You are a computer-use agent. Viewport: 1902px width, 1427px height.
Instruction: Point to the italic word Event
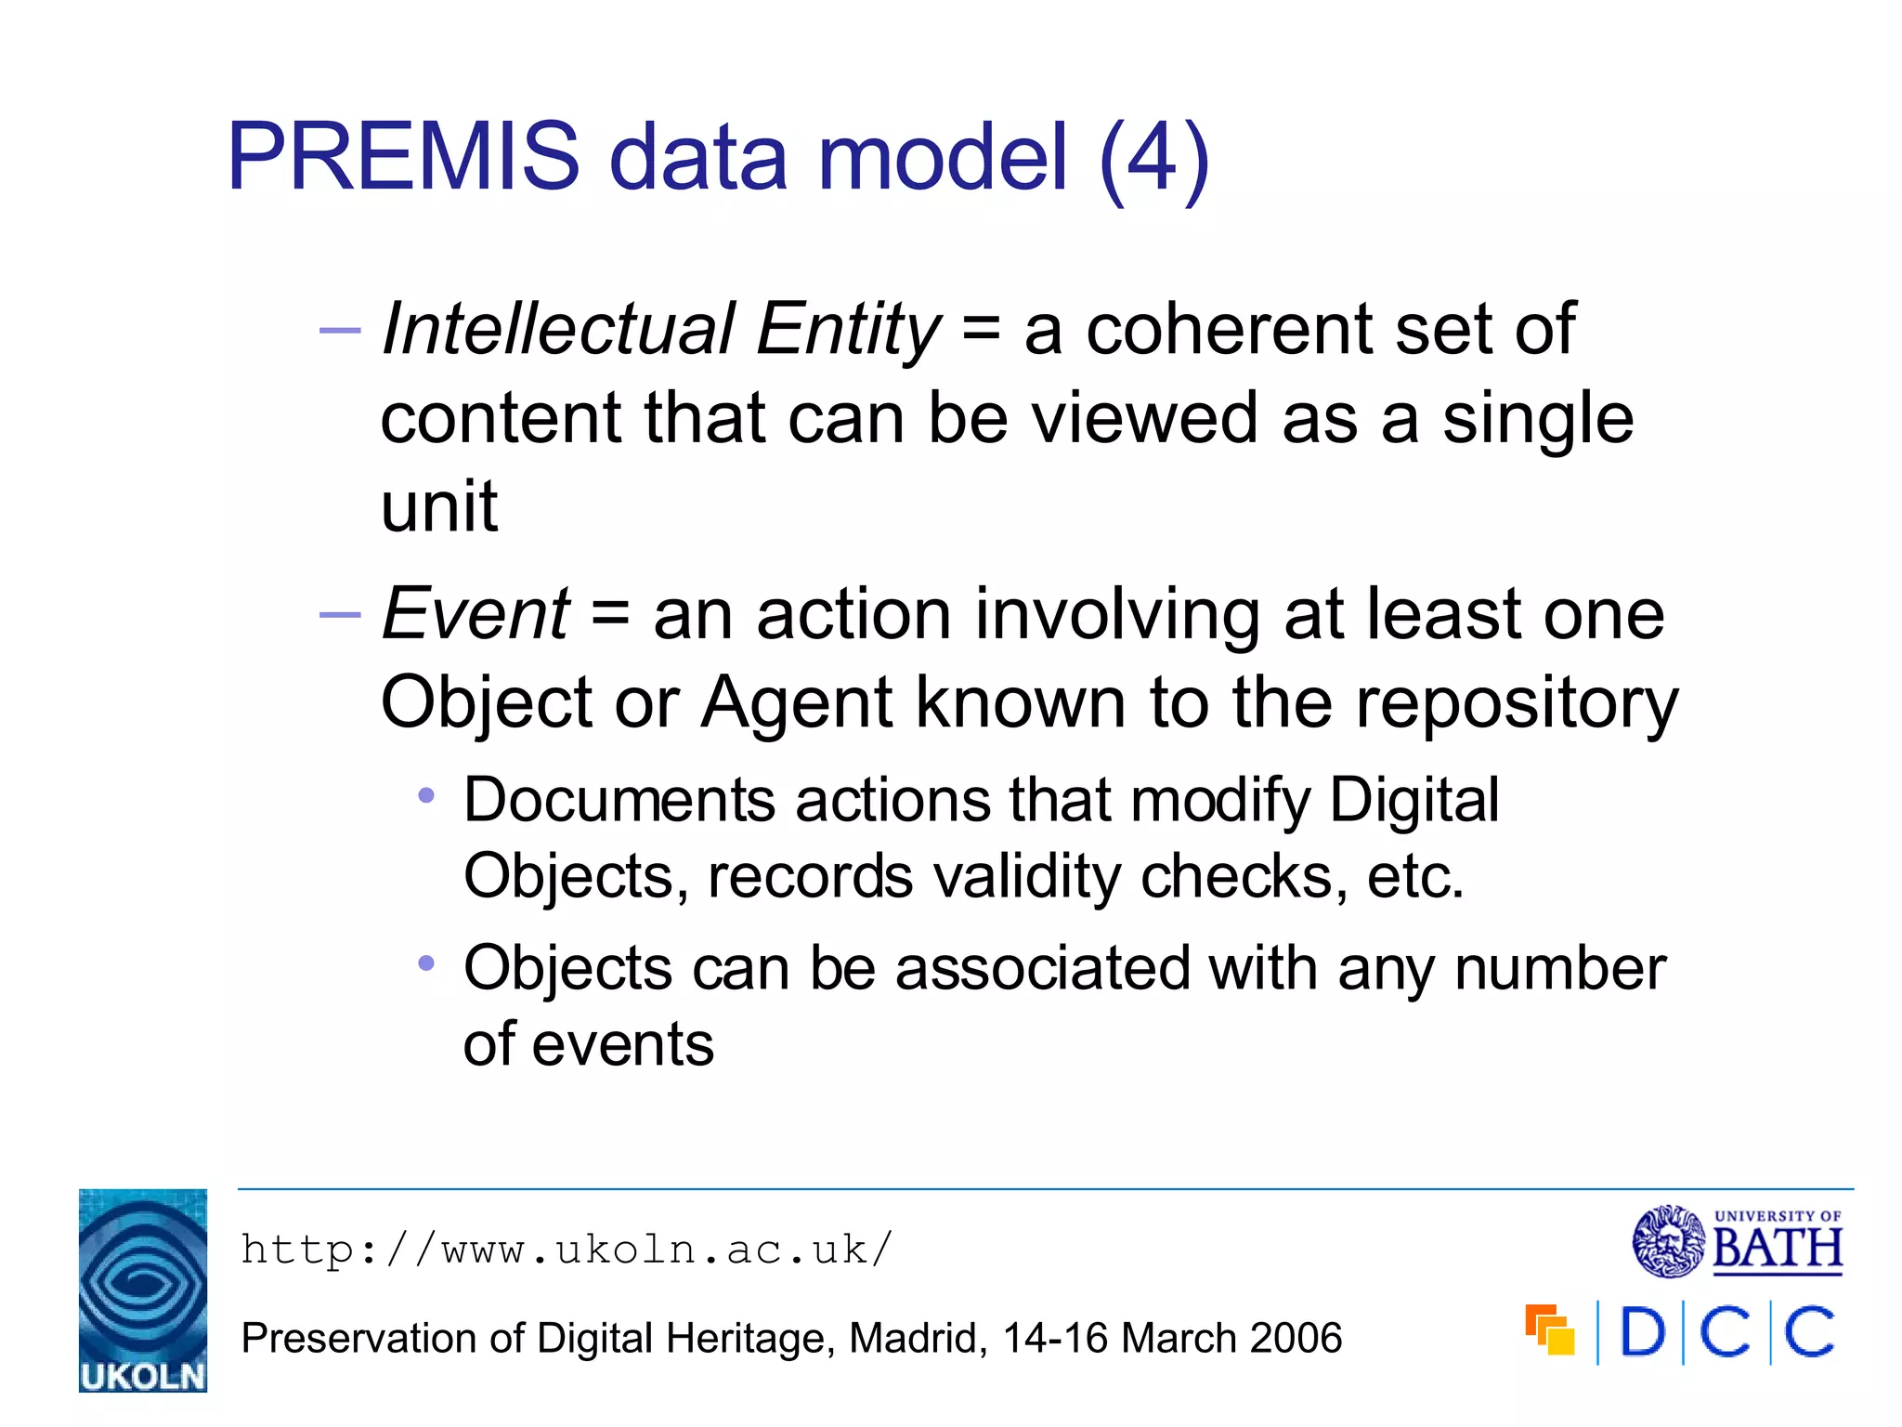click(475, 614)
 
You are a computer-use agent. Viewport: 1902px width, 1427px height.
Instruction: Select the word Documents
click(619, 800)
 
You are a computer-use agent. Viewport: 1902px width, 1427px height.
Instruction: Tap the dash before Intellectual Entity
click(339, 330)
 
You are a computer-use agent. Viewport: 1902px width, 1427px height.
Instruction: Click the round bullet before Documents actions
click(426, 795)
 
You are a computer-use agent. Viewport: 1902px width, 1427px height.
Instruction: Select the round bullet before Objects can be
click(426, 963)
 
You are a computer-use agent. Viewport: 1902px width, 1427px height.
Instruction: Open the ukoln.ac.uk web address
click(567, 1250)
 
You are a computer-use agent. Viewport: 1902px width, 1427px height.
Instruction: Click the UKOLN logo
click(143, 1290)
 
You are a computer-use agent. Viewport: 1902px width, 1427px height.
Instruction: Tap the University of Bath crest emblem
click(1668, 1241)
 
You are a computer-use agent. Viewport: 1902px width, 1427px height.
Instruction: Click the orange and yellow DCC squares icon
click(1550, 1330)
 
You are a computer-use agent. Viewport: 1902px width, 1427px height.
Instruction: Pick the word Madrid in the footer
click(918, 1338)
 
